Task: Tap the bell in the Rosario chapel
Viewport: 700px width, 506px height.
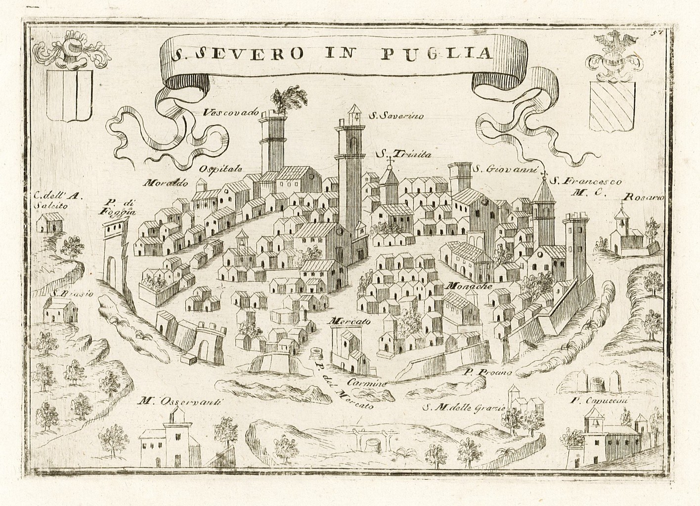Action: click(x=619, y=224)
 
